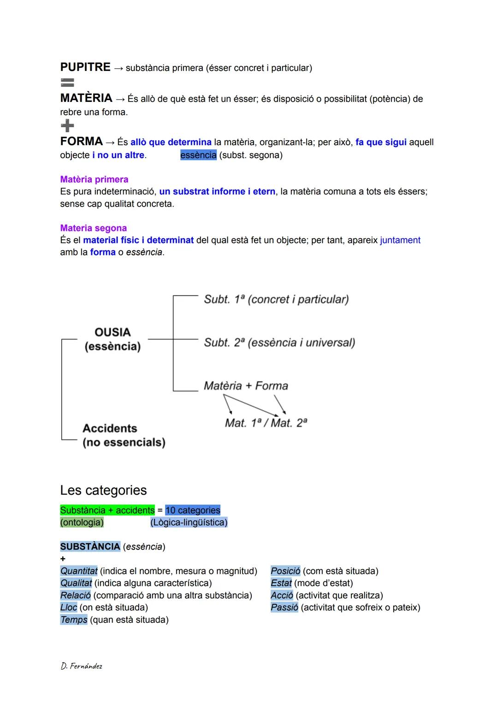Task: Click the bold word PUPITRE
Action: (85, 67)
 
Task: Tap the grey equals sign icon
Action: (67, 83)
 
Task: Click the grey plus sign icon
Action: (67, 125)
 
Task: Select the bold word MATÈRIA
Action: (86, 98)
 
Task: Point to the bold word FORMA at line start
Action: (81, 142)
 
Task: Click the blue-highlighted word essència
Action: (198, 155)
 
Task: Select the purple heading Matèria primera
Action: (94, 179)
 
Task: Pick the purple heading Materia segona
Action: (93, 228)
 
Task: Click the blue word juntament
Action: (400, 240)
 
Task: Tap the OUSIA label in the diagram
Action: (113, 332)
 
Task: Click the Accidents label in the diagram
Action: (110, 428)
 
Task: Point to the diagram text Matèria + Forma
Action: (246, 386)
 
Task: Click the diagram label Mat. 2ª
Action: (289, 423)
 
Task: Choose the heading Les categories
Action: (103, 490)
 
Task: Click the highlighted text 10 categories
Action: (193, 510)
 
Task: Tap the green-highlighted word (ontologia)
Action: (82, 522)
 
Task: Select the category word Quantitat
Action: (79, 571)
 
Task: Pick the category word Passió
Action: (284, 608)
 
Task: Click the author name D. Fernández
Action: (81, 666)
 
